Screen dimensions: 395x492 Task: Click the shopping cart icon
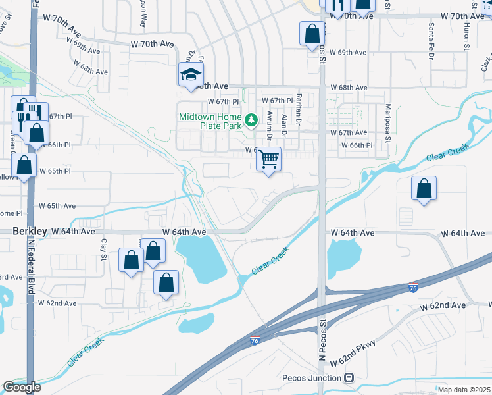pyautogui.click(x=268, y=159)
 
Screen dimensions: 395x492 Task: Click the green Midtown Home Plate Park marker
pyautogui.click(x=251, y=120)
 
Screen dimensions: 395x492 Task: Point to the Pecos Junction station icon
pyautogui.click(x=349, y=378)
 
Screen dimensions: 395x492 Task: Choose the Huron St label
pyautogui.click(x=466, y=37)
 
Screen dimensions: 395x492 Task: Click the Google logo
pyautogui.click(x=22, y=387)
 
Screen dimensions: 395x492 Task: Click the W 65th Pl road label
pyautogui.click(x=55, y=171)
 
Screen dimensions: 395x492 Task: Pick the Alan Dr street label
pyautogui.click(x=284, y=124)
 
